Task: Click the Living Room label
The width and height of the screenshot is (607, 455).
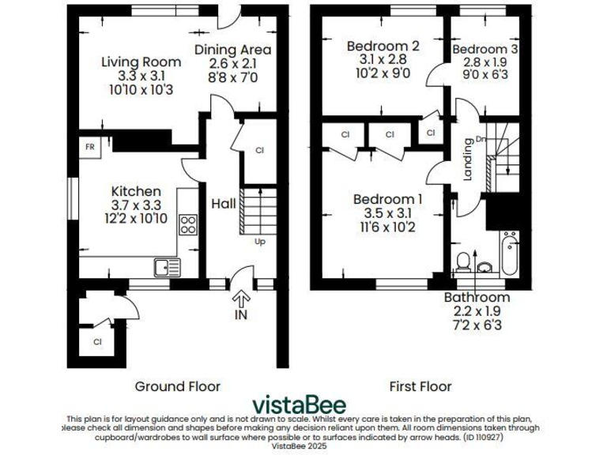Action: (x=130, y=62)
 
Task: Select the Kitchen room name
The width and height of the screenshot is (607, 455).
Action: (x=136, y=191)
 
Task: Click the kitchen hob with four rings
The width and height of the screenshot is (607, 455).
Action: (x=188, y=224)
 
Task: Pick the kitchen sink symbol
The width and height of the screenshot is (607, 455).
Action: (x=167, y=268)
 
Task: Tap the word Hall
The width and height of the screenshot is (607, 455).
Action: (x=224, y=204)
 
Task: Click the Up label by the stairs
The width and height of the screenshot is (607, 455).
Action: (x=259, y=242)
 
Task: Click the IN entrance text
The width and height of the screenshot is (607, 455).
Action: (x=241, y=315)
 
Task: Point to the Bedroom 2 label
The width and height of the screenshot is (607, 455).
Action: (x=383, y=47)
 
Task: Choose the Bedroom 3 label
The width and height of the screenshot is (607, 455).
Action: (x=485, y=49)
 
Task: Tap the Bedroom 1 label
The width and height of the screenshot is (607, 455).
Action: (x=387, y=199)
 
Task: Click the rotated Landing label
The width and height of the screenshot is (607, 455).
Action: (x=468, y=159)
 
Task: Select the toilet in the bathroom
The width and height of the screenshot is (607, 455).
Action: (x=464, y=261)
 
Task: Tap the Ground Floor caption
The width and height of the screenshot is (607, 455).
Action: (x=178, y=386)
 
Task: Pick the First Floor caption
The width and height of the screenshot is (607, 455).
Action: (x=420, y=386)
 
